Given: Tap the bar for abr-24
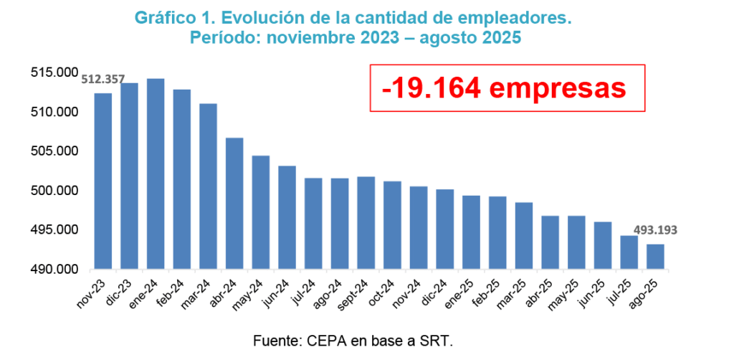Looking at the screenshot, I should [234, 204].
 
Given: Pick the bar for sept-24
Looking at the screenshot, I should [366, 223].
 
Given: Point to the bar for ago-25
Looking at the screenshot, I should [655, 257].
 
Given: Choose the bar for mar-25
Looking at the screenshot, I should [524, 236].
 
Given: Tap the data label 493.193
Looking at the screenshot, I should [655, 230].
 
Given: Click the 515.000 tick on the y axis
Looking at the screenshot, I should [54, 73].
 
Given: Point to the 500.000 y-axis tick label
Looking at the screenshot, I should [54, 191].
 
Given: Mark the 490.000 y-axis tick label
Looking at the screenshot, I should [54, 270].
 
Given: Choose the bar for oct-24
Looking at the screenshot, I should [392, 225].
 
